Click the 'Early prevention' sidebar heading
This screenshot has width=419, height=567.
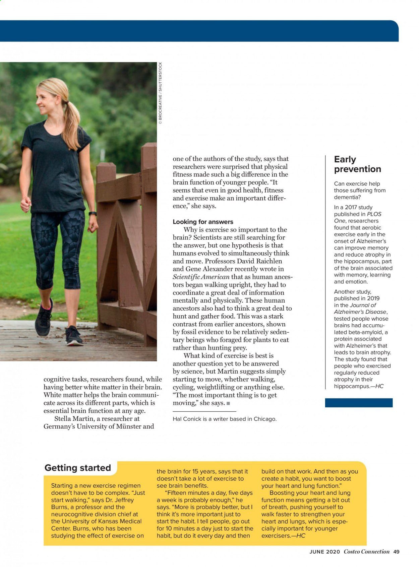(x=357, y=164)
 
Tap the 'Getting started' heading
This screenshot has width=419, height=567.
(x=77, y=468)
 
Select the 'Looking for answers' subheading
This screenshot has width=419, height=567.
(x=203, y=222)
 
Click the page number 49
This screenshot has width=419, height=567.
(x=397, y=552)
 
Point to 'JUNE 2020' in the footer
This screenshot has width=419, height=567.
(x=324, y=552)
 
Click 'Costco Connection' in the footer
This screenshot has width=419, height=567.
(x=366, y=552)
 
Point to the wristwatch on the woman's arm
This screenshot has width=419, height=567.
(x=93, y=214)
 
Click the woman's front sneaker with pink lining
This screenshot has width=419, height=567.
(x=44, y=318)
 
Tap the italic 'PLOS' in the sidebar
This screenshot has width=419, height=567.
(x=374, y=214)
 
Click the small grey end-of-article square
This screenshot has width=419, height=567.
(x=228, y=403)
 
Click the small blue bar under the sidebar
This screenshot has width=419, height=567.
(x=358, y=402)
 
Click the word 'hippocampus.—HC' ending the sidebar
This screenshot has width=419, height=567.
(x=358, y=386)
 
